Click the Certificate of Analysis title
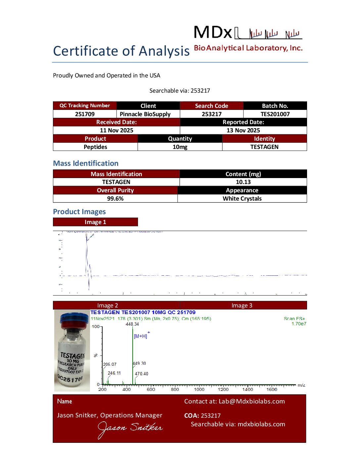121,51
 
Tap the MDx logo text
213,32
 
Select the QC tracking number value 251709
85,114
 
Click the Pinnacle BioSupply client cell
145,114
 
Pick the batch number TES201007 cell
275,114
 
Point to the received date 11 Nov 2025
116,130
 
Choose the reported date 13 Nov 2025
243,130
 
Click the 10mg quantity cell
180,147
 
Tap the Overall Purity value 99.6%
115,199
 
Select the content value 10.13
243,182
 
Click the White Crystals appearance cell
242,199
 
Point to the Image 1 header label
95,222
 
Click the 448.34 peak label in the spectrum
132,324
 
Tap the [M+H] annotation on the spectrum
141,336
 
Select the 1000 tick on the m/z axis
199,389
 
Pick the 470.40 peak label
141,374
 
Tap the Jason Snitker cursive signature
130,429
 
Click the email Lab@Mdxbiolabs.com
251,401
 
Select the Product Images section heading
79,212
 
